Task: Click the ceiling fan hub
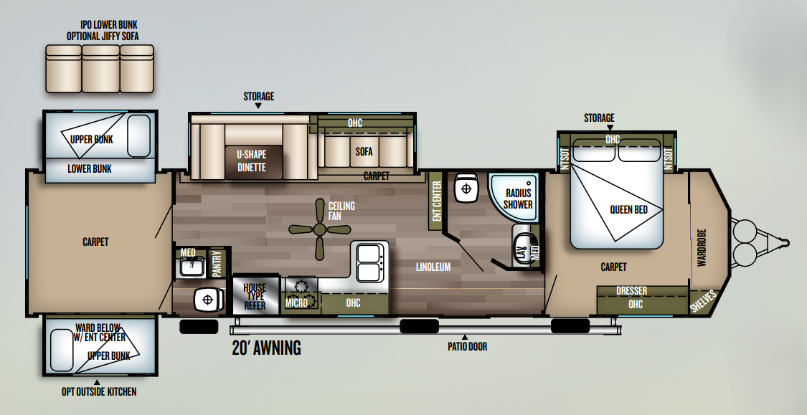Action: pyautogui.click(x=319, y=229)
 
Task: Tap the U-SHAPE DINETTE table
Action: pyautogui.click(x=253, y=162)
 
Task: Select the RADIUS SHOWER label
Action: pyautogui.click(x=518, y=199)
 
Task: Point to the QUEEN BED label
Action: pyautogui.click(x=628, y=210)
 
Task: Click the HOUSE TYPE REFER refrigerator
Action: pyautogui.click(x=255, y=296)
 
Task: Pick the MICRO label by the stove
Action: pyautogui.click(x=296, y=303)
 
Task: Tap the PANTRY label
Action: pyautogui.click(x=217, y=263)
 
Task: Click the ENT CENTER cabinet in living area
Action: pyautogui.click(x=436, y=201)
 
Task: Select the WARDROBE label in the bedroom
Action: pyautogui.click(x=702, y=248)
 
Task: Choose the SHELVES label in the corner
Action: pyautogui.click(x=703, y=302)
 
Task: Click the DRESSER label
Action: pyautogui.click(x=631, y=291)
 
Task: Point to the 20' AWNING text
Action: pyautogui.click(x=266, y=348)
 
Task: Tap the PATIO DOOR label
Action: pyautogui.click(x=467, y=347)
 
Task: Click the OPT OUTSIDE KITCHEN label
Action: pyautogui.click(x=99, y=392)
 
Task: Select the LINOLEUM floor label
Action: pyautogui.click(x=433, y=267)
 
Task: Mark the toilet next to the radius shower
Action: pyautogui.click(x=466, y=189)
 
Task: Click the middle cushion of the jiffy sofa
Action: pyautogui.click(x=101, y=68)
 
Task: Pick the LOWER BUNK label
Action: pyautogui.click(x=90, y=168)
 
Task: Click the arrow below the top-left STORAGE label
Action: pyautogui.click(x=258, y=106)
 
